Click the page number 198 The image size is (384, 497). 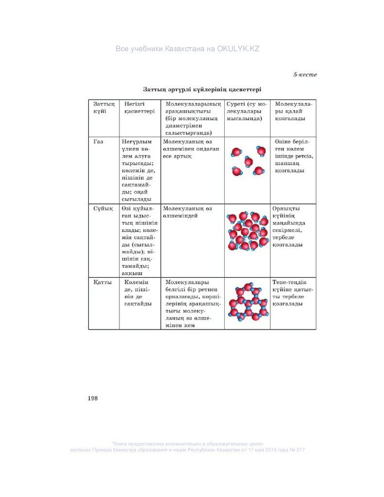pyautogui.click(x=93, y=398)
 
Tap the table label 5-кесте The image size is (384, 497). pyautogui.click(x=305, y=75)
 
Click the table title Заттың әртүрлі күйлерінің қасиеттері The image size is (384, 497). pyautogui.click(x=202, y=89)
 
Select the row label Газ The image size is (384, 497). pyautogui.click(x=99, y=141)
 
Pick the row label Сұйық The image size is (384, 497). pyautogui.click(x=100, y=208)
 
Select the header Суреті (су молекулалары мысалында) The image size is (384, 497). pyautogui.click(x=247, y=111)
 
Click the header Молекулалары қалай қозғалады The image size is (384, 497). pyautogui.click(x=293, y=111)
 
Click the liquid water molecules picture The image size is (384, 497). pyautogui.click(x=248, y=231)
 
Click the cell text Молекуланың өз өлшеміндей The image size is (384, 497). pyautogui.click(x=188, y=212)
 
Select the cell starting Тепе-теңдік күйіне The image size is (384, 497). pyautogui.click(x=292, y=293)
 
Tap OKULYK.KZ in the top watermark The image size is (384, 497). pyautogui.click(x=238, y=49)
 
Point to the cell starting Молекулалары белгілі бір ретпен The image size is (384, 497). pyautogui.click(x=192, y=303)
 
